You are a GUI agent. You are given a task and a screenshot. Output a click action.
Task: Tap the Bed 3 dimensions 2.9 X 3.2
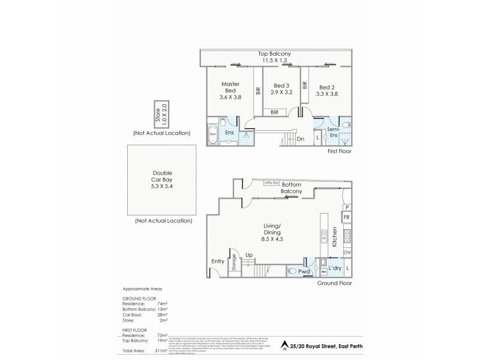click(x=281, y=92)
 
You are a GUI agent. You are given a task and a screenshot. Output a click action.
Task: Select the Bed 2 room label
click(x=326, y=86)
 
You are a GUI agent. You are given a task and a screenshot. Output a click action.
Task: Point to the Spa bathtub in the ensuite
click(x=212, y=133)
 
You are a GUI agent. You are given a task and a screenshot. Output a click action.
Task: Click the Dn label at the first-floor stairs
click(x=300, y=139)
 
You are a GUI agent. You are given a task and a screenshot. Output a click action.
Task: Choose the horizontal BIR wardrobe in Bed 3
click(x=274, y=112)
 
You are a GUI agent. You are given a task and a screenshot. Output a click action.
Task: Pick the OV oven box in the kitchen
click(x=347, y=253)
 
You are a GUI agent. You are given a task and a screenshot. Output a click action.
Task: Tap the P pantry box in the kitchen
click(x=347, y=207)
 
